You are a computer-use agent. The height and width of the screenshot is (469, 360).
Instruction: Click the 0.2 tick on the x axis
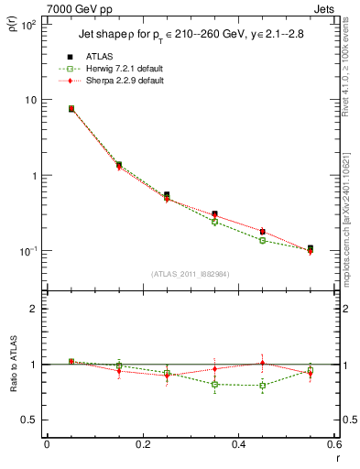pos(142,446)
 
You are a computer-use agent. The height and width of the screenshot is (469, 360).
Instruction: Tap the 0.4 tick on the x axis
pos(238,446)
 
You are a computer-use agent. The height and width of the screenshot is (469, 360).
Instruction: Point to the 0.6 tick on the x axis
pos(333,446)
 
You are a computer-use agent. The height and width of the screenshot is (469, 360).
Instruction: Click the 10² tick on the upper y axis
pos(28,25)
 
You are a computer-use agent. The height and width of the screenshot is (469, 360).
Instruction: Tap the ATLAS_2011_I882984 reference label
pos(190,274)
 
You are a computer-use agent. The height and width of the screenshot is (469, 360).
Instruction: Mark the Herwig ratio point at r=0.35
pos(214,385)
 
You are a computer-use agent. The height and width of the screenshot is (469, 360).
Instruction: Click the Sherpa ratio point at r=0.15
pos(119,371)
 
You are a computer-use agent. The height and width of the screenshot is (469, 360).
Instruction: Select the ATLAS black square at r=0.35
pos(214,214)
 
